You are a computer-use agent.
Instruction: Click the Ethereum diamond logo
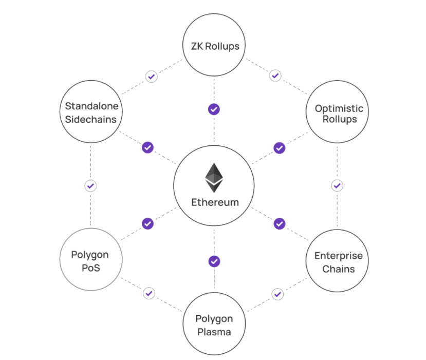click(214, 178)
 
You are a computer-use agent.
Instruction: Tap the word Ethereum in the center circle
click(215, 202)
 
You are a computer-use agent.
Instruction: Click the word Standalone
click(91, 106)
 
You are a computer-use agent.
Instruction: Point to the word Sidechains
click(91, 120)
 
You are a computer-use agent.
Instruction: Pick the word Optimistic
click(339, 108)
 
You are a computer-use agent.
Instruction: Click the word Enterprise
click(338, 256)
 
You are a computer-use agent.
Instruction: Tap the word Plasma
click(214, 332)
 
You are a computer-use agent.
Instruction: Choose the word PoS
click(90, 268)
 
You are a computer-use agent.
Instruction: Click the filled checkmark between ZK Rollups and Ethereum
click(214, 109)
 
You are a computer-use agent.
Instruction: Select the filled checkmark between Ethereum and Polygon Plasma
click(214, 261)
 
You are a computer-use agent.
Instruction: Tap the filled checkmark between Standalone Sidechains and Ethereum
click(147, 147)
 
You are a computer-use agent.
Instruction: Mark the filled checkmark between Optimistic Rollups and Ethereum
click(280, 148)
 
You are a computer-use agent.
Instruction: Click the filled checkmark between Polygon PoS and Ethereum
click(147, 223)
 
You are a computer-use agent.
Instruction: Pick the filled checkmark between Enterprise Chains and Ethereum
click(280, 223)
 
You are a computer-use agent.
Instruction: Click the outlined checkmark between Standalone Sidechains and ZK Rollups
click(151, 77)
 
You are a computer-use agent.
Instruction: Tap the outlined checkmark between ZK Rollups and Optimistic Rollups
click(275, 75)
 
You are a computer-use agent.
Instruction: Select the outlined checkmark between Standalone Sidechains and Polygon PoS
click(90, 185)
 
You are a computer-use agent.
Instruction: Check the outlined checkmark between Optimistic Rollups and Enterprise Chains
click(337, 185)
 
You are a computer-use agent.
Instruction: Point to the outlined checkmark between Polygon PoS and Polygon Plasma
click(149, 293)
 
